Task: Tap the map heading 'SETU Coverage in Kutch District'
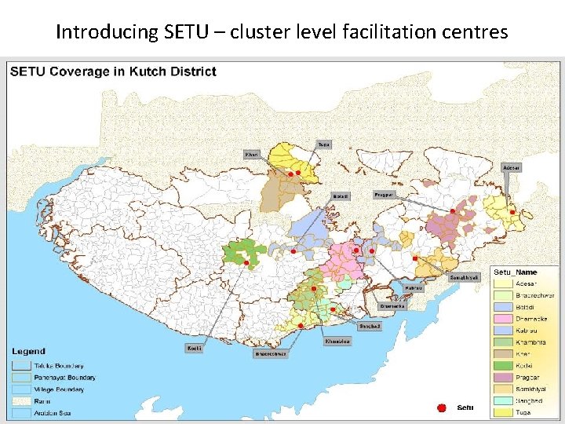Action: coord(113,72)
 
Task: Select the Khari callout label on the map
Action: coord(252,154)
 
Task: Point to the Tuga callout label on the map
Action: coord(323,144)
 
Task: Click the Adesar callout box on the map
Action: coord(512,167)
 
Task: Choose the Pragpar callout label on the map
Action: coord(384,194)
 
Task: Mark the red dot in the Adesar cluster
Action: coord(512,212)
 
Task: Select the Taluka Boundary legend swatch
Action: coord(21,366)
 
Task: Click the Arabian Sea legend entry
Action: coord(47,413)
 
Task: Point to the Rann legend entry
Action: coord(39,401)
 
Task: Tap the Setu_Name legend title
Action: coord(516,272)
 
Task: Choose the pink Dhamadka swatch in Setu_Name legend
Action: coord(503,319)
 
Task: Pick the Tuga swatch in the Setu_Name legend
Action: coord(503,413)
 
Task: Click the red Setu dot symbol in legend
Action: coord(442,408)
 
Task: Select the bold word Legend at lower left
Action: coord(28,352)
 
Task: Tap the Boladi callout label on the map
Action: coord(340,196)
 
